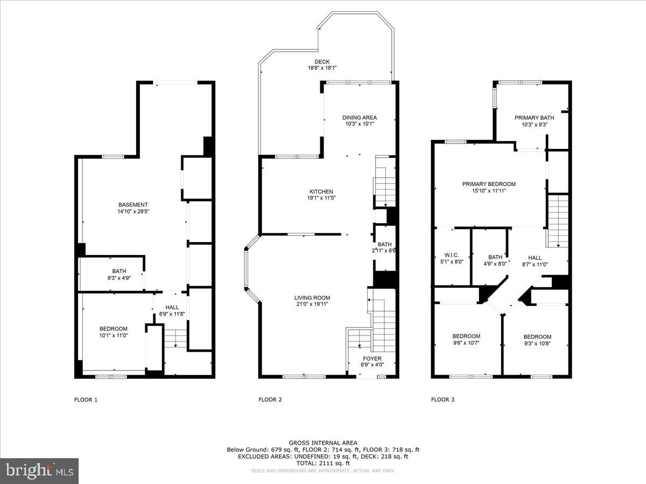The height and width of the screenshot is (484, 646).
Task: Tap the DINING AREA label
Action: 360,117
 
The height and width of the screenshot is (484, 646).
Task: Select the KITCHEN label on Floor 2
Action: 321,191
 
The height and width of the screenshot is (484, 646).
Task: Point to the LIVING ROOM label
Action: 312,297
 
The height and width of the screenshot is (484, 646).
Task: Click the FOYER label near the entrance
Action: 372,359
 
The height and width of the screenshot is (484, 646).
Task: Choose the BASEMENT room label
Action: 133,204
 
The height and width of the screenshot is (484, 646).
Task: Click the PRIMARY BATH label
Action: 534,118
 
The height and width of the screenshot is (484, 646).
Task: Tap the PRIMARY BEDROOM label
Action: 489,184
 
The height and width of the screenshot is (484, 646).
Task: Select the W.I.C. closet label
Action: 451,256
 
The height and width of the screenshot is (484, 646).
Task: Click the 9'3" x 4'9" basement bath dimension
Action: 119,278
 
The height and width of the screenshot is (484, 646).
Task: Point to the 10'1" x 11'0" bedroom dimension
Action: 114,336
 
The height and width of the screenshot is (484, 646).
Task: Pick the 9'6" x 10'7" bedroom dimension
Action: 466,343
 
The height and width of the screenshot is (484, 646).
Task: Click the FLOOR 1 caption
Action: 86,400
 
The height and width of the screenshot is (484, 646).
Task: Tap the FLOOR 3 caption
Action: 443,400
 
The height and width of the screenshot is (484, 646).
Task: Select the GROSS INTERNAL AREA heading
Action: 323,443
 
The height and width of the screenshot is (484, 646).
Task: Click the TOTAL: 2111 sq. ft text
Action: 323,463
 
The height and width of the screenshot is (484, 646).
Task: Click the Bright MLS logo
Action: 39,471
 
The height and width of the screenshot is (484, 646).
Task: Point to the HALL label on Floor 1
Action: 172,307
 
